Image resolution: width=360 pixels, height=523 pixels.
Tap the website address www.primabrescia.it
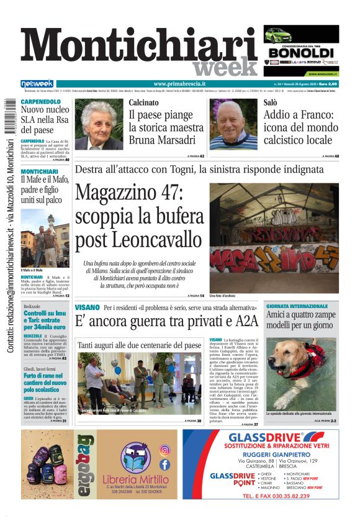coord(179,84)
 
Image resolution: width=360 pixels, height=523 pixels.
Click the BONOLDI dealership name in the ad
coord(301,53)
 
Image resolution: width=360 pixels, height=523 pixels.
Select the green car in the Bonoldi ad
coord(277,34)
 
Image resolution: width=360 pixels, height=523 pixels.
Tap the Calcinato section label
coord(143,102)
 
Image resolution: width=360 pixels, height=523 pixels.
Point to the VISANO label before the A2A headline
coord(87,307)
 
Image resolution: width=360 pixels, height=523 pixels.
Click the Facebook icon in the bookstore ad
coord(164,464)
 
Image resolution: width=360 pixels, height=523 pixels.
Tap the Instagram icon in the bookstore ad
coord(164,450)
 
